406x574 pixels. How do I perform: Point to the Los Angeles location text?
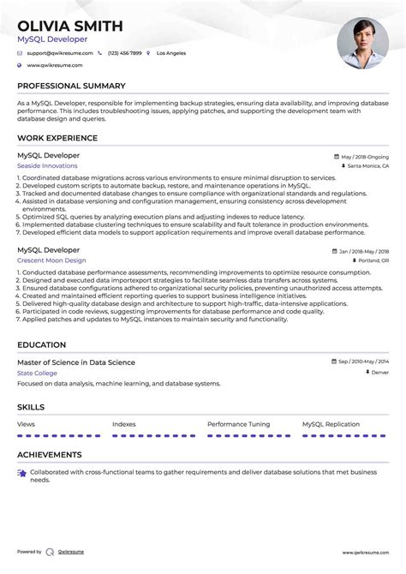pyautogui.click(x=171, y=53)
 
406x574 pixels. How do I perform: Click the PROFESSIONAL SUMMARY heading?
pyautogui.click(x=71, y=86)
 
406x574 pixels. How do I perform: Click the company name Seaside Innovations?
pyautogui.click(x=47, y=165)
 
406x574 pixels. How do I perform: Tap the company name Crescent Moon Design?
pyautogui.click(x=51, y=260)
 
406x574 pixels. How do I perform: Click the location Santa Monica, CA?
pyautogui.click(x=367, y=166)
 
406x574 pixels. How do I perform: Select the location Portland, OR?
pyautogui.click(x=373, y=260)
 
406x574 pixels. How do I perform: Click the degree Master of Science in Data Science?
pyautogui.click(x=76, y=362)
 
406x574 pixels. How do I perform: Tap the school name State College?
pyautogui.click(x=38, y=373)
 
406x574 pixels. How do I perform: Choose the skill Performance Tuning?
pyautogui.click(x=238, y=424)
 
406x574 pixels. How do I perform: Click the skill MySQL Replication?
pyautogui.click(x=331, y=424)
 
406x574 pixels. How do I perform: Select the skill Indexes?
pyautogui.click(x=124, y=424)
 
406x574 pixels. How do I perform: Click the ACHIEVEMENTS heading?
pyautogui.click(x=50, y=455)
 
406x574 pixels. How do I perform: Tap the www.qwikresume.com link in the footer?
pyautogui.click(x=366, y=553)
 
